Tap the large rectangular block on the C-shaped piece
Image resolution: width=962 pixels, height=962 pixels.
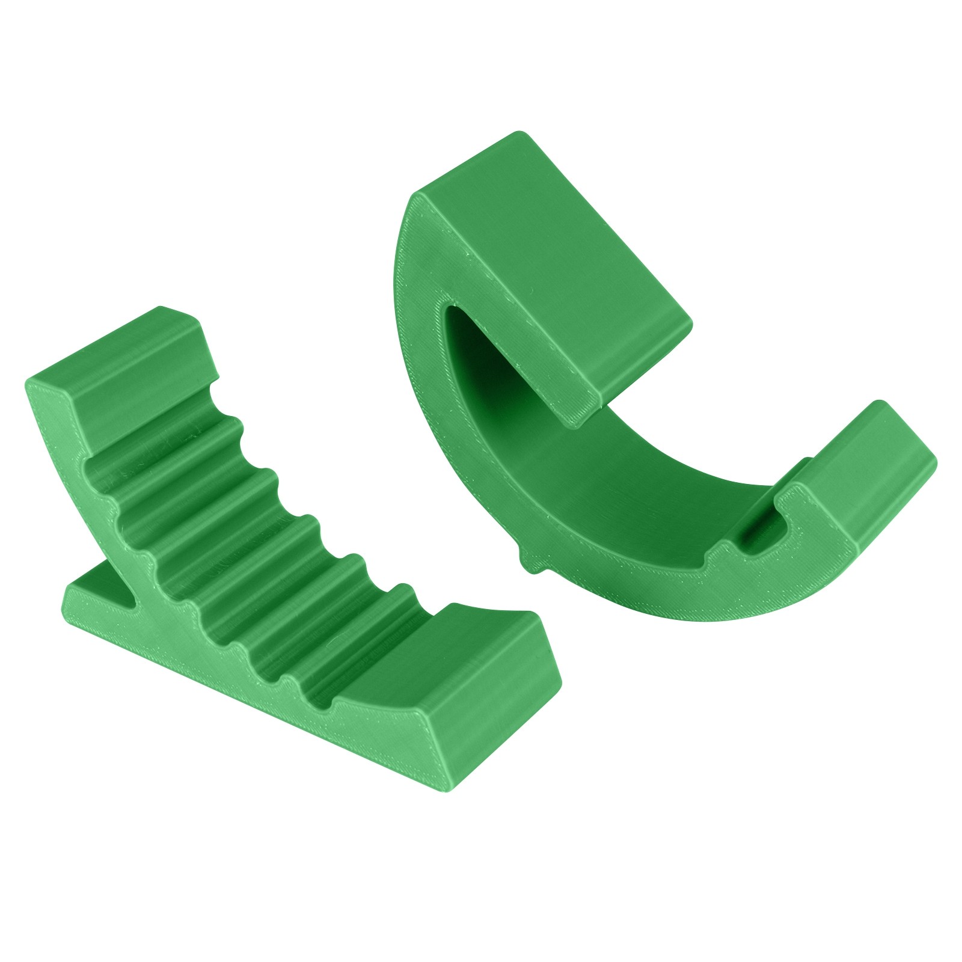[559, 259]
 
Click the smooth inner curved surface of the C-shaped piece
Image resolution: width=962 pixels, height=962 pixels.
[601, 481]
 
